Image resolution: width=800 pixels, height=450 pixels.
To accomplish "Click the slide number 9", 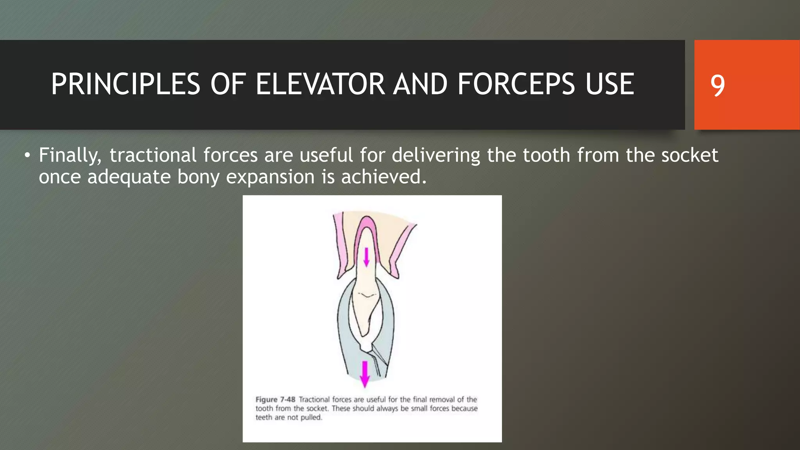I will pyautogui.click(x=717, y=85).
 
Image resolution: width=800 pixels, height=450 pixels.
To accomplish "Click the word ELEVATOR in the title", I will pyautogui.click(x=320, y=84).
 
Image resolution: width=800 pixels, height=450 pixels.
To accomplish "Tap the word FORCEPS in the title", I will pyautogui.click(x=516, y=84).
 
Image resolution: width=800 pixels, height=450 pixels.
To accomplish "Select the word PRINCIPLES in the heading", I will pyautogui.click(x=125, y=84).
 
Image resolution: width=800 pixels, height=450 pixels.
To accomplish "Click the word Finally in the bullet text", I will pyautogui.click(x=70, y=155).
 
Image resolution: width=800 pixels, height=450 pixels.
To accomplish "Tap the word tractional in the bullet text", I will pyautogui.click(x=153, y=155).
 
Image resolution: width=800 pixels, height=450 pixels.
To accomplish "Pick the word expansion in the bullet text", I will pyautogui.click(x=270, y=177).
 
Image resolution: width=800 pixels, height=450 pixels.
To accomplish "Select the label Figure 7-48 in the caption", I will pyautogui.click(x=275, y=400).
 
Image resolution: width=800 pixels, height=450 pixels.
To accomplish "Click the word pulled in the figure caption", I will pyautogui.click(x=311, y=418).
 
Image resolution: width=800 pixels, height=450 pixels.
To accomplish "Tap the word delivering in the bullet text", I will pyautogui.click(x=436, y=155).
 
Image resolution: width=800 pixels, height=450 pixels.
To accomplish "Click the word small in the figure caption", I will pyautogui.click(x=419, y=409).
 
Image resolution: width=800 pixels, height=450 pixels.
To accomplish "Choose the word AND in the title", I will pyautogui.click(x=420, y=84).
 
